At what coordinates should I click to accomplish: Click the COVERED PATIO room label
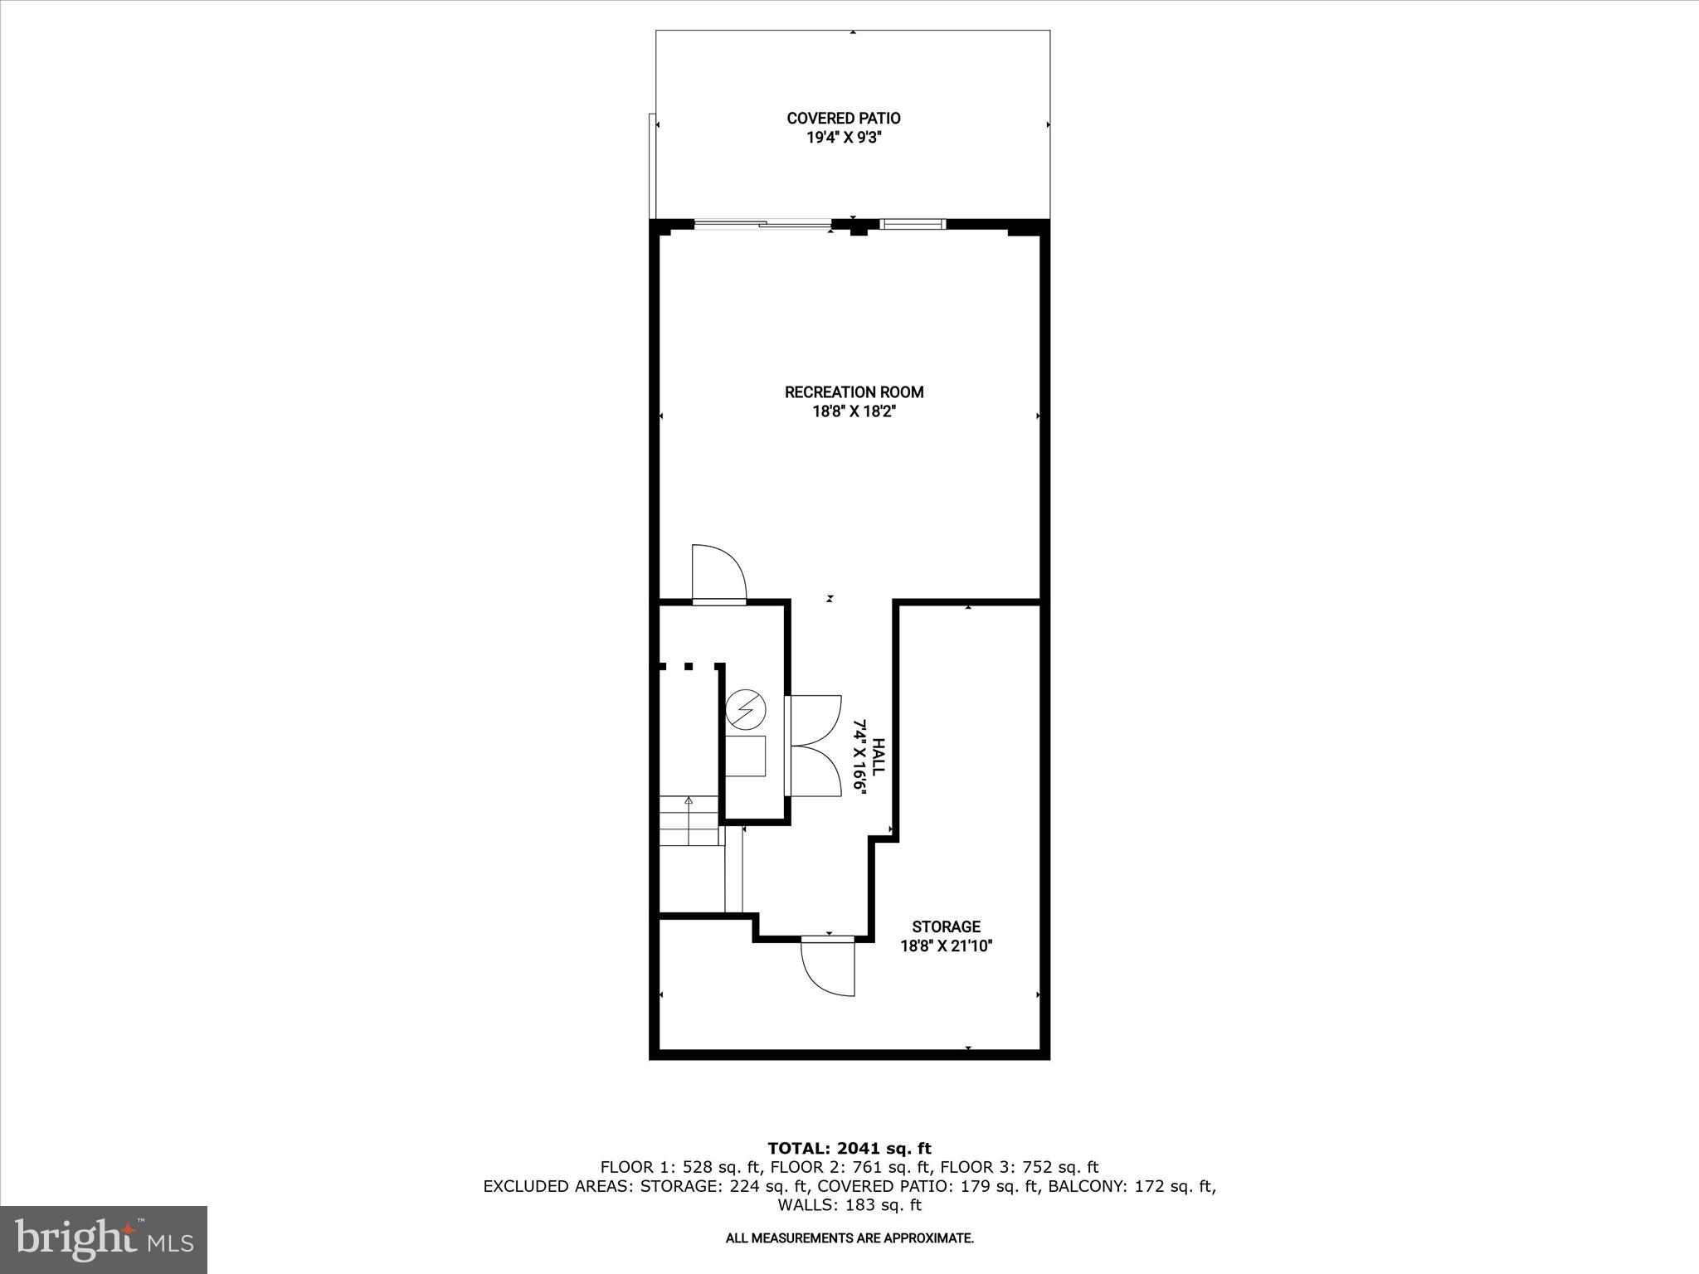(844, 119)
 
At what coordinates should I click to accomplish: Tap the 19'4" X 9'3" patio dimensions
(844, 138)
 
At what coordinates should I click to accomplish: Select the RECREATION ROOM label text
(854, 392)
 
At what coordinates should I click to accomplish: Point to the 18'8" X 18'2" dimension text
(854, 411)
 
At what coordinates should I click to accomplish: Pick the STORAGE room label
(946, 926)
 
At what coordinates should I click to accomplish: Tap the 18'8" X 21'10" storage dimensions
(946, 946)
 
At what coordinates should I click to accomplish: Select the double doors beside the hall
(815, 746)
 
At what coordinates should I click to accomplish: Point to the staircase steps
(689, 820)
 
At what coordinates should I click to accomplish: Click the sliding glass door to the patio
(762, 223)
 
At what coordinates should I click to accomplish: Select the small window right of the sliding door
(912, 223)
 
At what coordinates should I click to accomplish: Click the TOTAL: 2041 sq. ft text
(849, 1149)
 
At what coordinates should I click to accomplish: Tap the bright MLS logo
(104, 1239)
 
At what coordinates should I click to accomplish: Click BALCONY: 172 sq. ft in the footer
(1132, 1186)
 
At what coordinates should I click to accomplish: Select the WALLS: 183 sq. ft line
(849, 1205)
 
